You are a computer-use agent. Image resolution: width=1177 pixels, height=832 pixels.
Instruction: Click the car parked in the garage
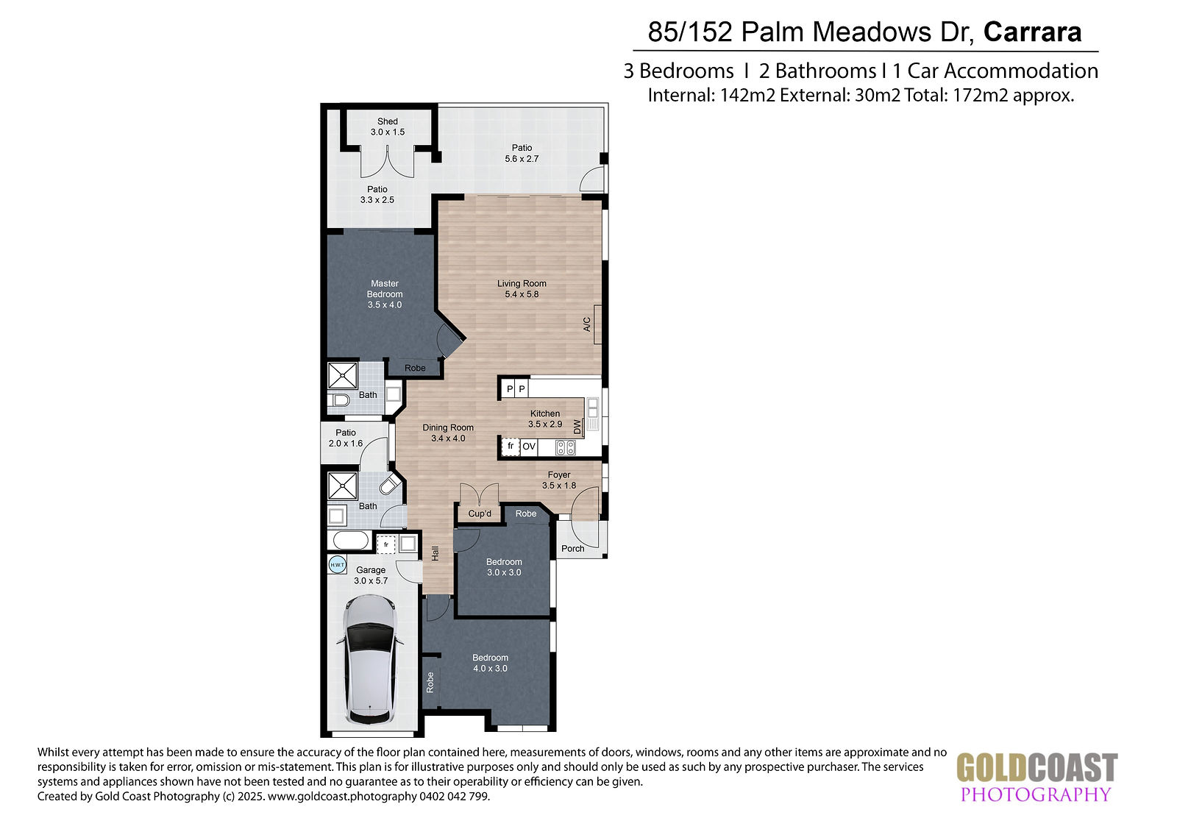[x=371, y=660]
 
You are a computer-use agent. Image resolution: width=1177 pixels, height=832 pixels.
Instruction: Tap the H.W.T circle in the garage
[x=338, y=565]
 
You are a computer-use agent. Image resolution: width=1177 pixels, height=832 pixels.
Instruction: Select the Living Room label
[x=522, y=288]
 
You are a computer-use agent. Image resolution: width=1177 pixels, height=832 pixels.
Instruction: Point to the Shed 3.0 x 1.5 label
[x=388, y=127]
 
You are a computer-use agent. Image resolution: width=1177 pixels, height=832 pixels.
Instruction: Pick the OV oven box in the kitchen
[x=529, y=447]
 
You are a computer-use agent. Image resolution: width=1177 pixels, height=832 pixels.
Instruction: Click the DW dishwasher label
[x=577, y=427]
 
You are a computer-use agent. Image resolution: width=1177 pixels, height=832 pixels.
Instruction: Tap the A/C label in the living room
[x=587, y=324]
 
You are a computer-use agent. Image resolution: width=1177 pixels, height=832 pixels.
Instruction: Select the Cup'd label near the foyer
[x=480, y=513]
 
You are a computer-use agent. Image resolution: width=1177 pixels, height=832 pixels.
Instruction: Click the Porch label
[x=573, y=548]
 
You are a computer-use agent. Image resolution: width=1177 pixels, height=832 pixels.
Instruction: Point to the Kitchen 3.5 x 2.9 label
[x=545, y=419]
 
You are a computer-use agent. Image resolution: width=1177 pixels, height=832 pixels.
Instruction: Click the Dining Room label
[x=448, y=433]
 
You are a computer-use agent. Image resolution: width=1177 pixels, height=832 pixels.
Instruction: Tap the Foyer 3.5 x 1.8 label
[x=559, y=480]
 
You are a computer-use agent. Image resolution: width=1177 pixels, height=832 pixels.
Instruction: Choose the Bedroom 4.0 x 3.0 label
[x=490, y=663]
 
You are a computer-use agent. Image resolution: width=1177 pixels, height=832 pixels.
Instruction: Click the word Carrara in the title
[x=1033, y=32]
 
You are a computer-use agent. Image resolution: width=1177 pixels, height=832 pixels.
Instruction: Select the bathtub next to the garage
[x=351, y=540]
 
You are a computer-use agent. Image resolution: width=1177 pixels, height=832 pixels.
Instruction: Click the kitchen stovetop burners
[x=566, y=447]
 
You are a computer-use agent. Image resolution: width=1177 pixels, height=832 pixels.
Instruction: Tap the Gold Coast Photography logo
[x=1036, y=777]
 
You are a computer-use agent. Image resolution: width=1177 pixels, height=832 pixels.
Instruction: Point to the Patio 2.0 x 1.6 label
[x=346, y=438]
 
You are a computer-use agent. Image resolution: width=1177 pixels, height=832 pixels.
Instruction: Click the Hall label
[x=435, y=553]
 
